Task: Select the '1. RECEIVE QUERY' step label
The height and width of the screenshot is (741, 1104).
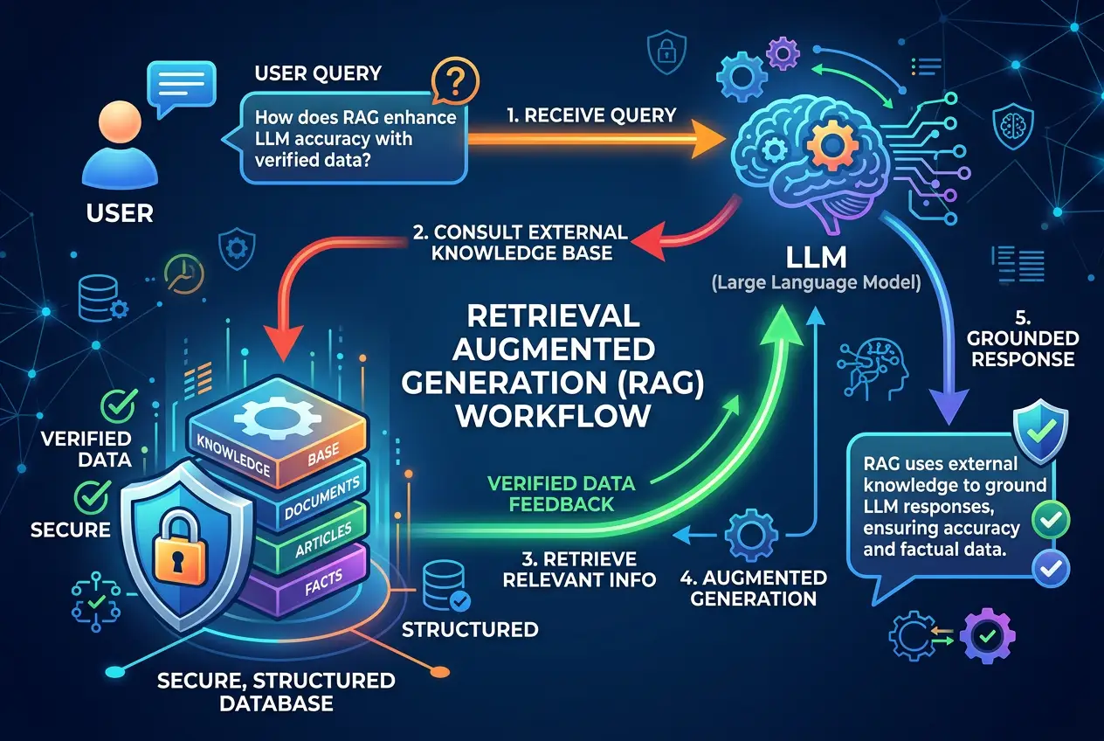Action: (x=592, y=114)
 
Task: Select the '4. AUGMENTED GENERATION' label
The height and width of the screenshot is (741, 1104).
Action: (x=753, y=588)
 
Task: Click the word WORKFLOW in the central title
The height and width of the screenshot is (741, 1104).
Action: (x=554, y=414)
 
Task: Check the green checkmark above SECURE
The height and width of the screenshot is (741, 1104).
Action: (x=93, y=496)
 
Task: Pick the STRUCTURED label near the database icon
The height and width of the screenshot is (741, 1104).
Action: (x=469, y=629)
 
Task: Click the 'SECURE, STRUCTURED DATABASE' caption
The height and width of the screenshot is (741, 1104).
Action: (x=276, y=691)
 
